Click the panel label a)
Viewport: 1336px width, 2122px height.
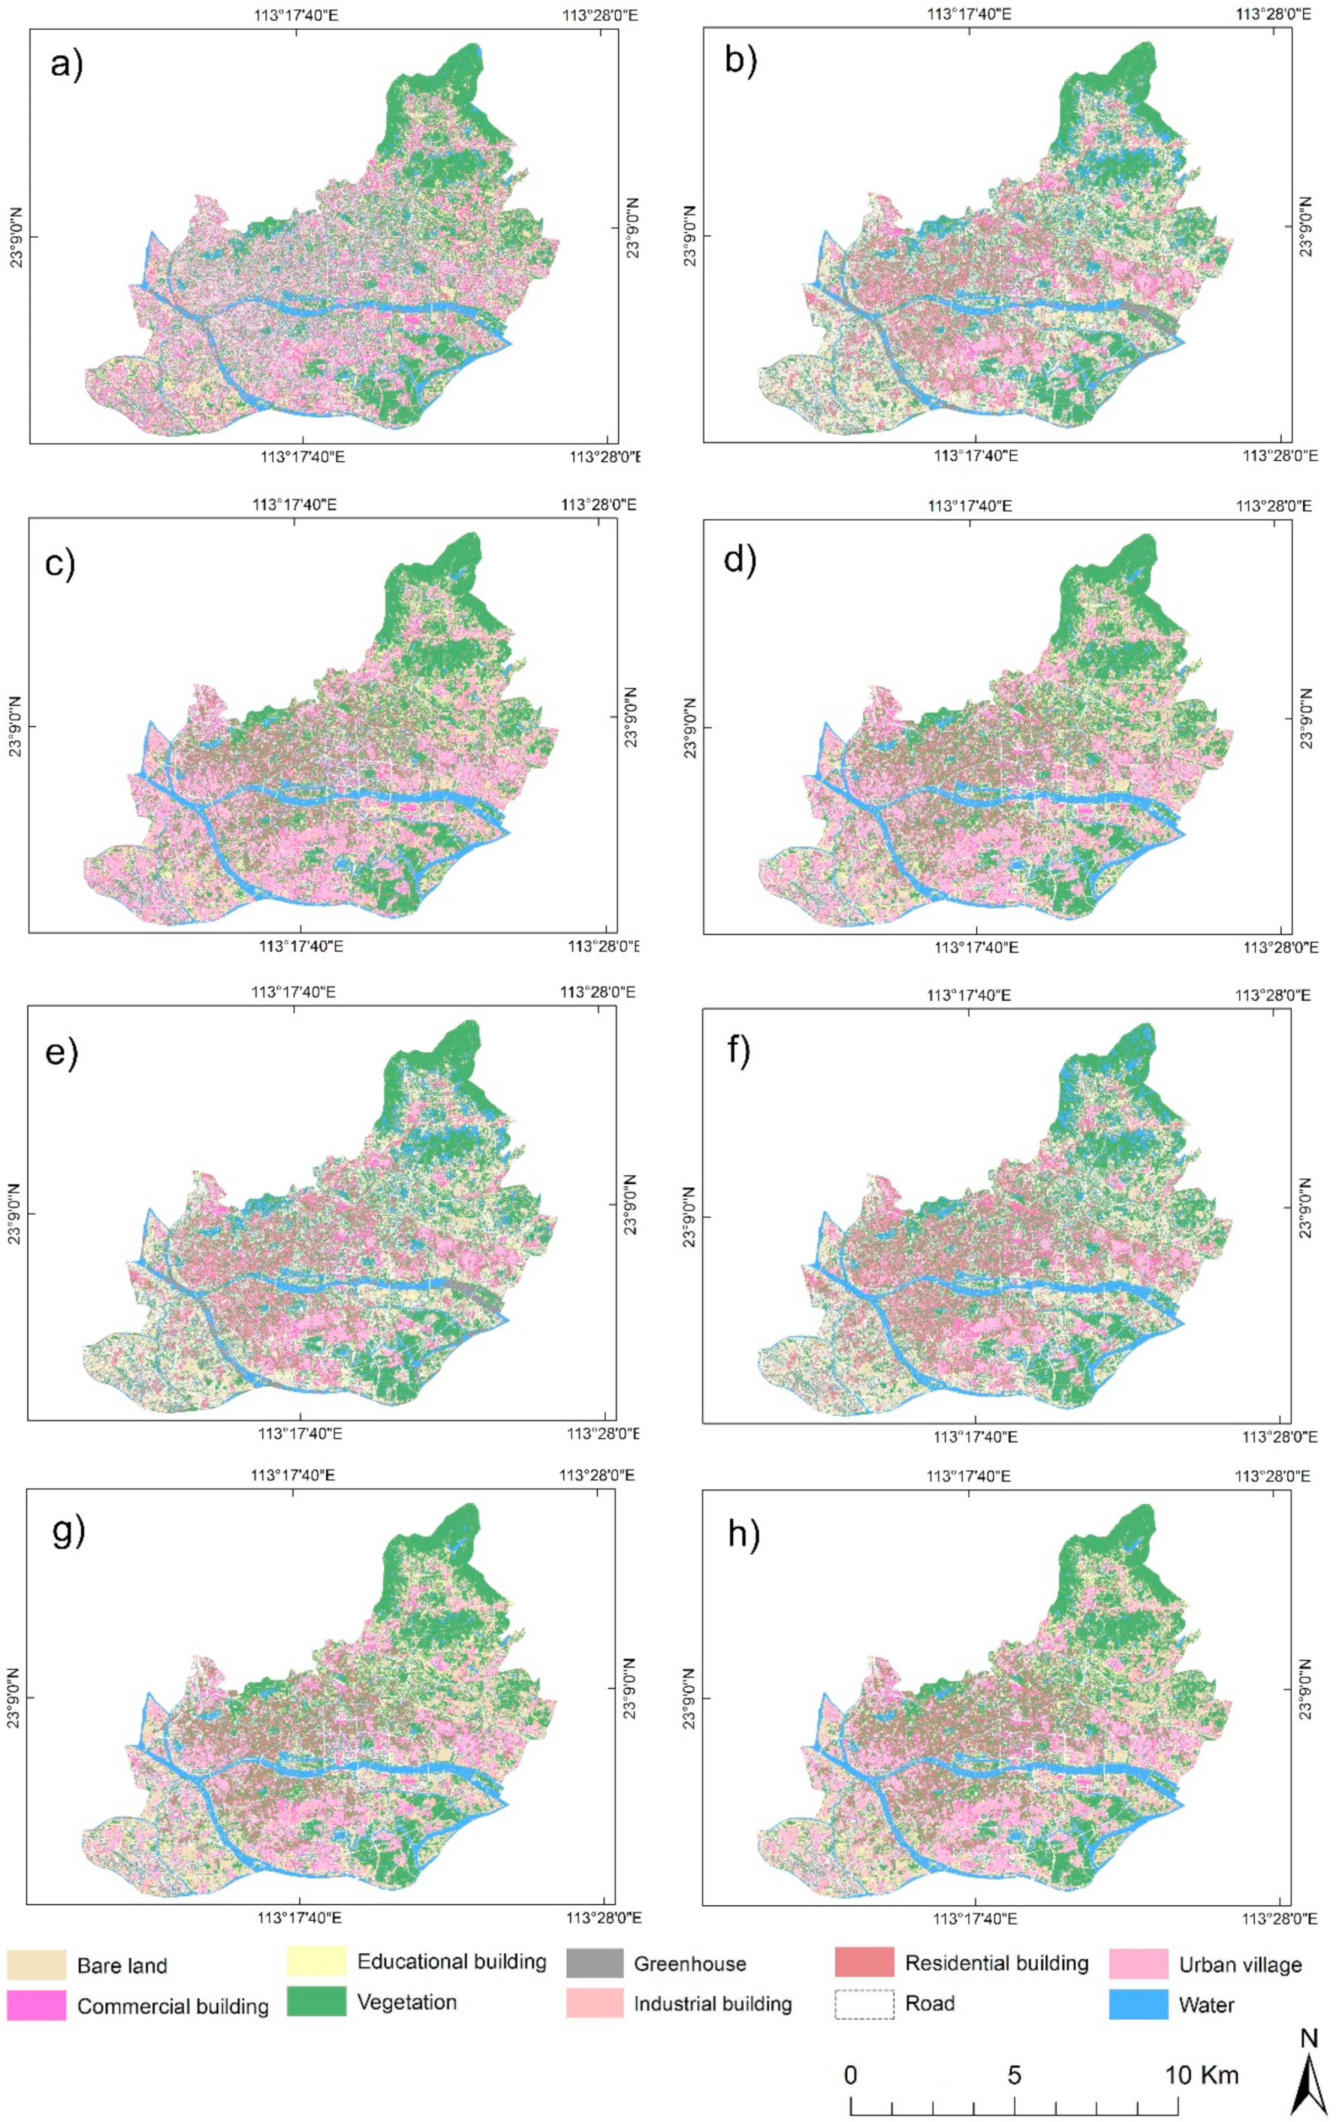66,64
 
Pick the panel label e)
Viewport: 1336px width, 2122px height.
62,1053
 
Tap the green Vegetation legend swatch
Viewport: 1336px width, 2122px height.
316,2001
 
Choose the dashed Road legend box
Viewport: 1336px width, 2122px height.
864,2004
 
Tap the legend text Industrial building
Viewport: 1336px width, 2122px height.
712,2004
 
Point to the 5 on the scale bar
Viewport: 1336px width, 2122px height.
1014,2075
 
